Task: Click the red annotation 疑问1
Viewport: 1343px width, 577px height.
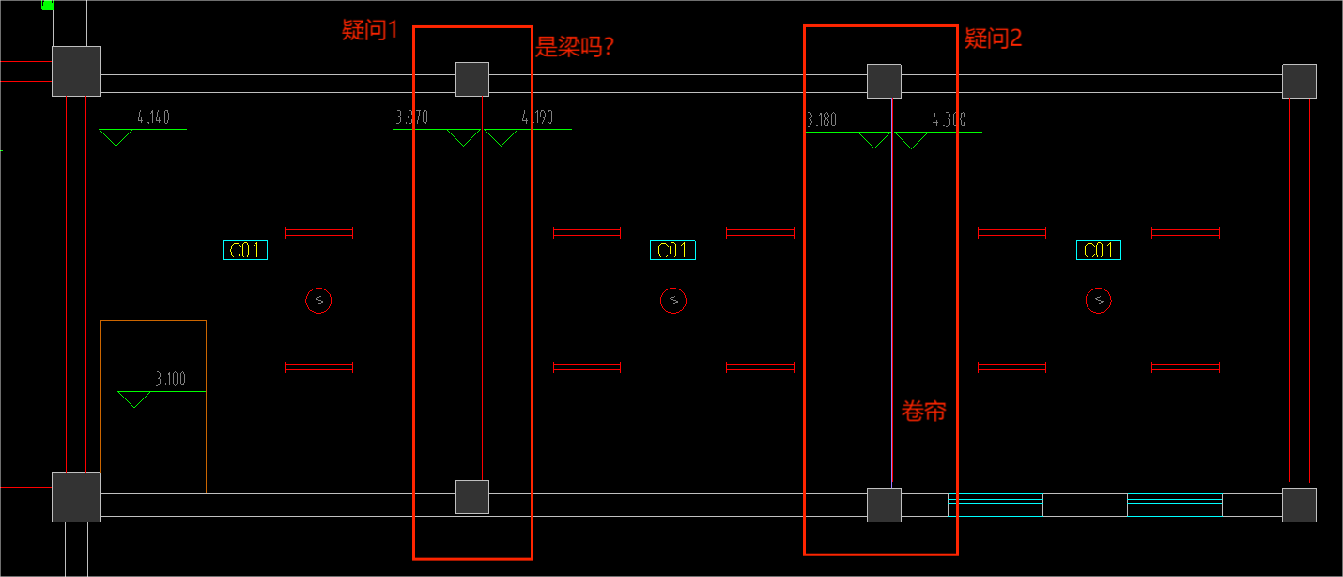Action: (x=369, y=30)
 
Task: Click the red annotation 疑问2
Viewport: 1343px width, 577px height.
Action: (x=993, y=39)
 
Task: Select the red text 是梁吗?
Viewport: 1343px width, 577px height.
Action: (x=575, y=46)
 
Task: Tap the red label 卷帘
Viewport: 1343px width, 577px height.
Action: (x=923, y=412)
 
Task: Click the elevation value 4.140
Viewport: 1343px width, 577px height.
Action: (x=153, y=117)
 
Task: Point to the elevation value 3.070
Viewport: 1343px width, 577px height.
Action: (x=412, y=117)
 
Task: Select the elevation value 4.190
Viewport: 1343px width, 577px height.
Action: (x=537, y=117)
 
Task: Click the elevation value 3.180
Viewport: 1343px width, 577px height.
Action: (x=822, y=120)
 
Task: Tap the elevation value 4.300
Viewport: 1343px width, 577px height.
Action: (x=949, y=120)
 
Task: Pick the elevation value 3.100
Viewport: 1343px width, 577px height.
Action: (x=171, y=379)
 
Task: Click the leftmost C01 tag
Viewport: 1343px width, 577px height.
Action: (x=245, y=250)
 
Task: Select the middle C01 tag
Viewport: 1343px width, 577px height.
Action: (x=672, y=250)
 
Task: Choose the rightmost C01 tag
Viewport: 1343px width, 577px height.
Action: (x=1099, y=250)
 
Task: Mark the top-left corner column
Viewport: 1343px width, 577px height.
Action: (x=76, y=71)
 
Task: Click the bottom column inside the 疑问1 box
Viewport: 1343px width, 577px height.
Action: (x=472, y=497)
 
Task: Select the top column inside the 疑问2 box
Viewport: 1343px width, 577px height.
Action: (x=885, y=81)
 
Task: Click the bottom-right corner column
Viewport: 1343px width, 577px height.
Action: (x=1299, y=505)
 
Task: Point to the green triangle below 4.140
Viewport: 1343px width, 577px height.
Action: (x=116, y=137)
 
